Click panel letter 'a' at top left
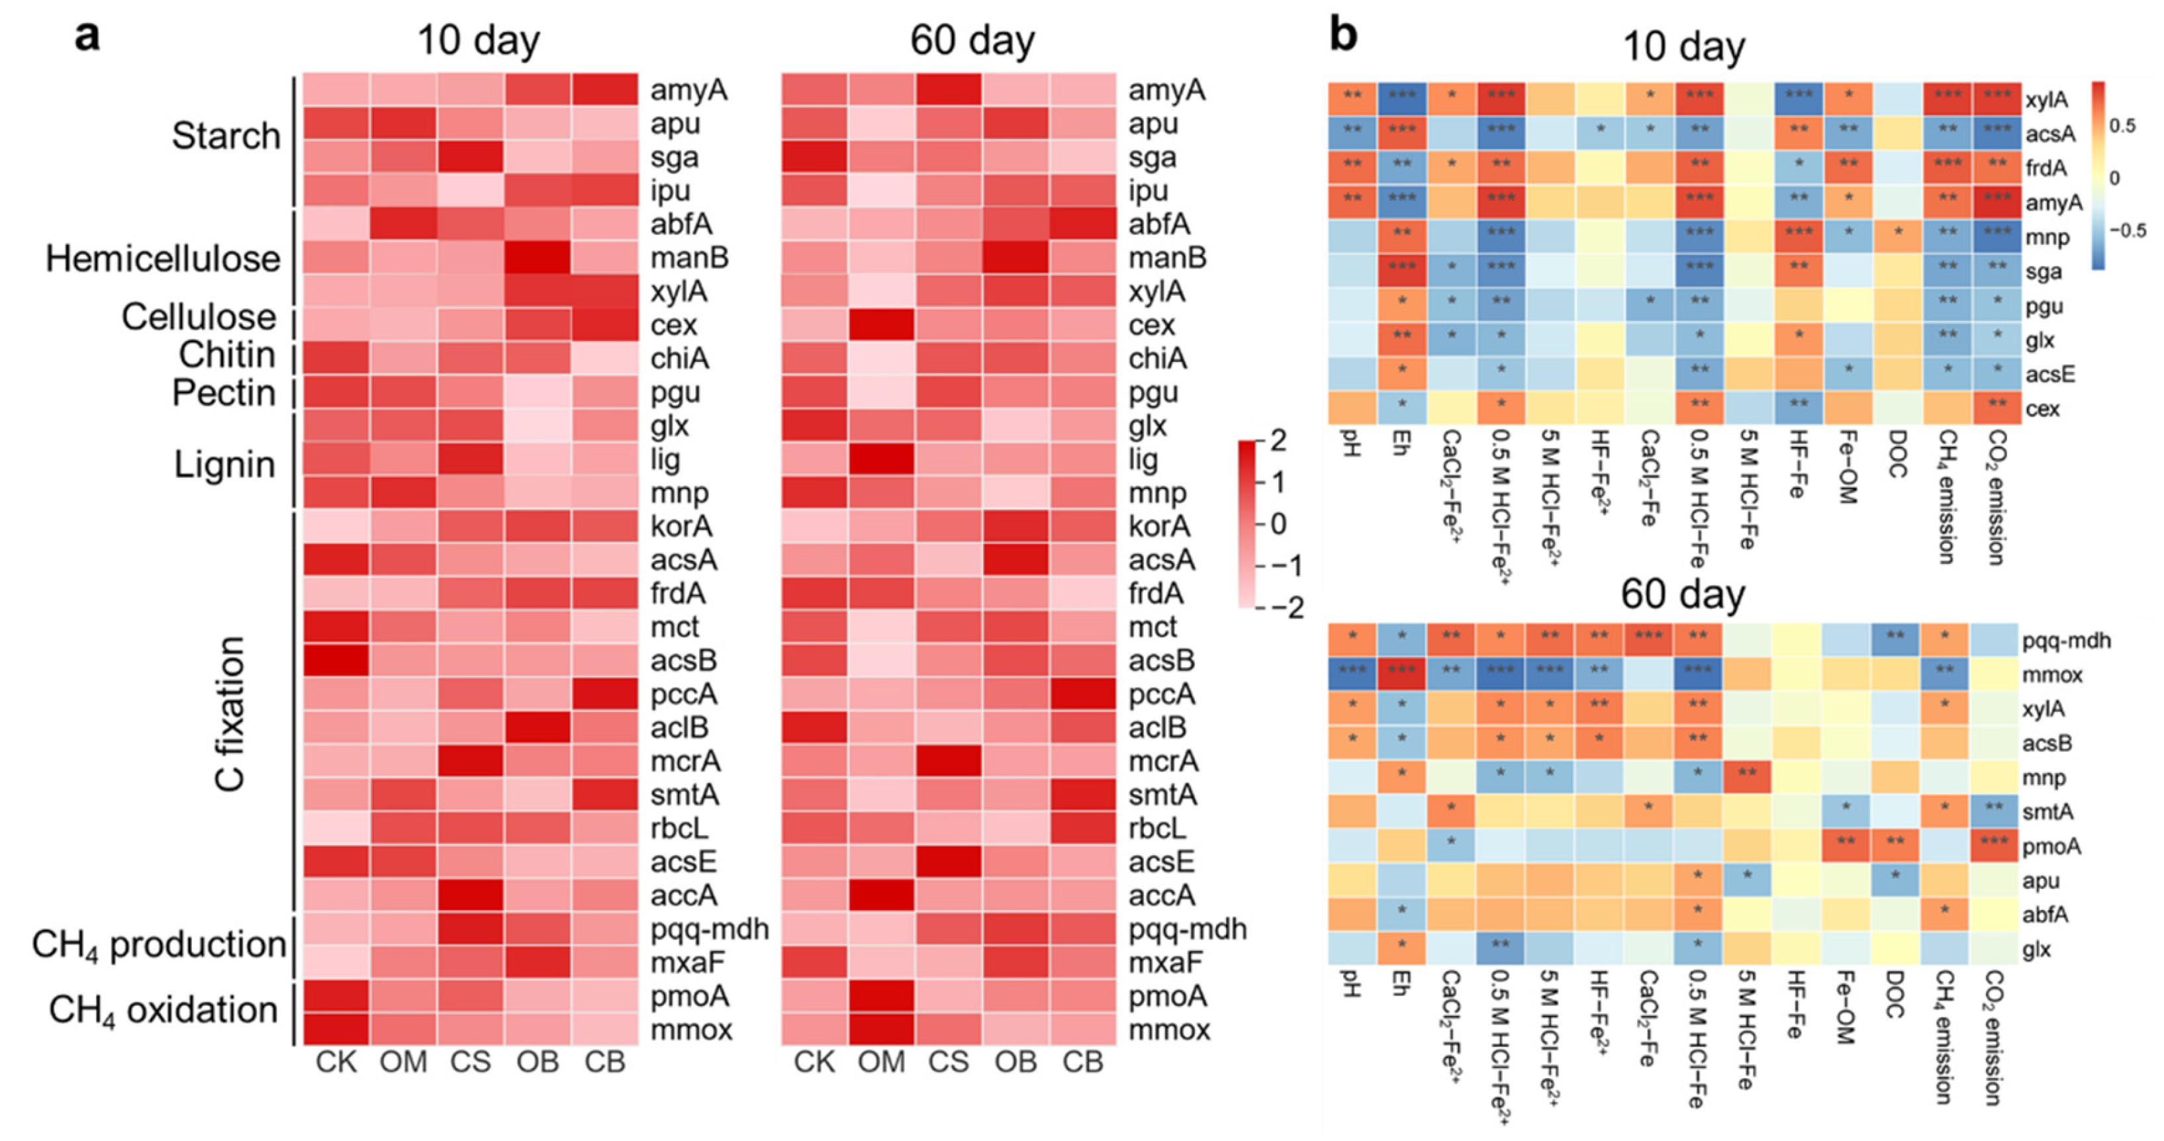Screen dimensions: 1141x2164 pos(87,38)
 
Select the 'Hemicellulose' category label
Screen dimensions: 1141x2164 pos(163,259)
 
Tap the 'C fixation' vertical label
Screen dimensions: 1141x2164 pos(230,713)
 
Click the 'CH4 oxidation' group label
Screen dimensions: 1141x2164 pos(163,1010)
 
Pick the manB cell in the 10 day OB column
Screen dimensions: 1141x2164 pos(538,257)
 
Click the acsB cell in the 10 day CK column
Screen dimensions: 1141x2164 pos(336,661)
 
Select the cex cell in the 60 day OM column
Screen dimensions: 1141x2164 pos(881,325)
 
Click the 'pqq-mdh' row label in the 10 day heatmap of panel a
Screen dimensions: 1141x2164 pos(709,929)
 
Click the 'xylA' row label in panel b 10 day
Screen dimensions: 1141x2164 pos(2046,100)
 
